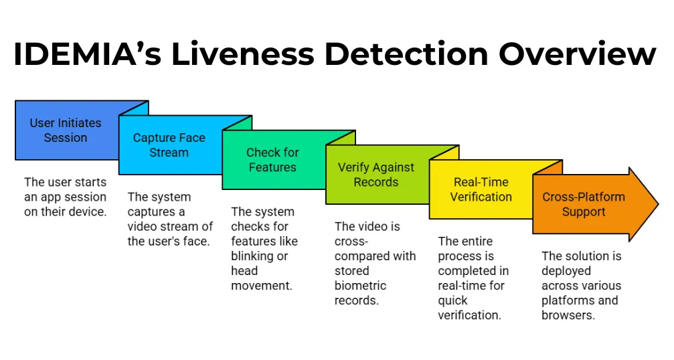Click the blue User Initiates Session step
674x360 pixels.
coord(66,130)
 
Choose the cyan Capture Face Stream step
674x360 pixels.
coord(169,145)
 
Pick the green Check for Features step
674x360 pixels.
coord(272,160)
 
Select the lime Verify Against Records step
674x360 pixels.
coord(375,175)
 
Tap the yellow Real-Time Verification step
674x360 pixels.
coord(481,189)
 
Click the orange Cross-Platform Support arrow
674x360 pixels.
coord(583,204)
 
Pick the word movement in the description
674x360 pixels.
coord(262,286)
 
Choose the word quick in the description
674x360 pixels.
coord(452,300)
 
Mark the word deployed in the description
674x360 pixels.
coord(566,271)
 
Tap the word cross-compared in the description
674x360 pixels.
coord(375,249)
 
